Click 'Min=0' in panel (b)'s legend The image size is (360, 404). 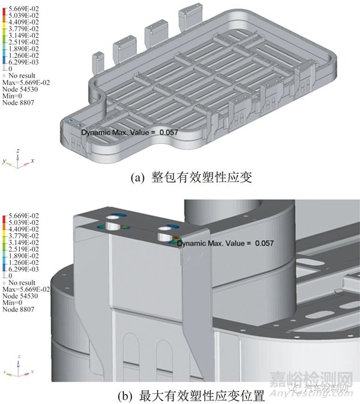click(x=14, y=303)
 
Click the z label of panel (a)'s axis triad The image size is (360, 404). click(x=18, y=150)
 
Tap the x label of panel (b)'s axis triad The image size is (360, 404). click(x=33, y=374)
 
